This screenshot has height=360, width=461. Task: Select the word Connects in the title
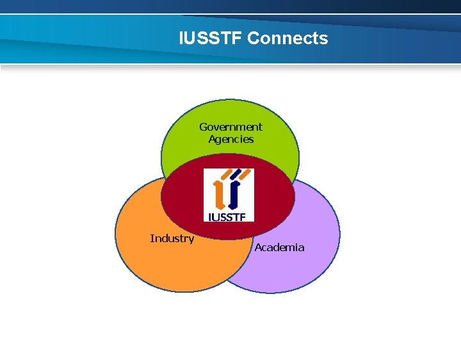point(287,38)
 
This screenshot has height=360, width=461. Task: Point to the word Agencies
point(230,139)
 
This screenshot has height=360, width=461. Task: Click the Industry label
point(172,238)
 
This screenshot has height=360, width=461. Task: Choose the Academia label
point(279,247)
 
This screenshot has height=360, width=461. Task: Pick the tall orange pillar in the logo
point(220,193)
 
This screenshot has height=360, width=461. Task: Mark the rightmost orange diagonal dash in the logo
point(245,174)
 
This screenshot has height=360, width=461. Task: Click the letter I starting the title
point(182,38)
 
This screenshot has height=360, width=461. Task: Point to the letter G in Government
point(203,127)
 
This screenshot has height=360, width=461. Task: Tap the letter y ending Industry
point(191,240)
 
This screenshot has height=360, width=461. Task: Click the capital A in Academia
point(258,247)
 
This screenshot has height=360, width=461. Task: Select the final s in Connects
point(324,38)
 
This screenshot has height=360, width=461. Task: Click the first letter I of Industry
point(151,238)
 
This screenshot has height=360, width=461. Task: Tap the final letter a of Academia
point(302,248)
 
